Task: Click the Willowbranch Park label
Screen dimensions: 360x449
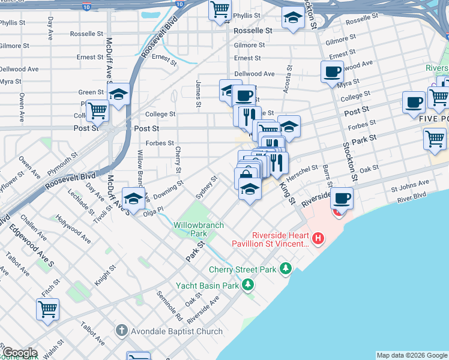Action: (199, 229)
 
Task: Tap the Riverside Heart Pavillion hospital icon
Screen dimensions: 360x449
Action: (318, 239)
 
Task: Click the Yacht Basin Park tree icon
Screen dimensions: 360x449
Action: (246, 286)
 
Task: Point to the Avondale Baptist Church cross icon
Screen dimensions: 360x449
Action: (121, 331)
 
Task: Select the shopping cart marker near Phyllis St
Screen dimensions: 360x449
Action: (220, 10)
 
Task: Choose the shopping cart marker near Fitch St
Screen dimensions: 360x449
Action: (47, 310)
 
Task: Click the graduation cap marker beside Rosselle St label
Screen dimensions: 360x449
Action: (292, 20)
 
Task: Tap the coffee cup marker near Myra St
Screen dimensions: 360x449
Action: (332, 73)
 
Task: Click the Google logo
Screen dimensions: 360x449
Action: (19, 353)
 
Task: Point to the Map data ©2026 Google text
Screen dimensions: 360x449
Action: (412, 355)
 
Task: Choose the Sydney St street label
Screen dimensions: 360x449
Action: (206, 188)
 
